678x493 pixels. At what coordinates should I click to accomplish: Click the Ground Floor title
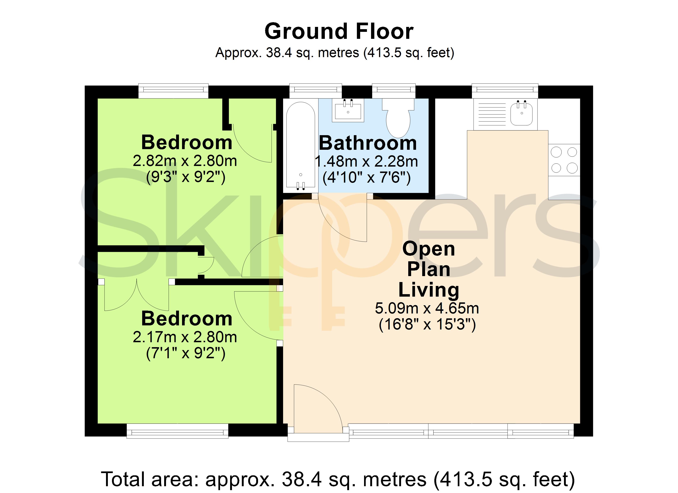(x=339, y=31)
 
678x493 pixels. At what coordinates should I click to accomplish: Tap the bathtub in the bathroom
(x=300, y=146)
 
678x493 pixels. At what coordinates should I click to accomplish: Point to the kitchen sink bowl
(x=522, y=114)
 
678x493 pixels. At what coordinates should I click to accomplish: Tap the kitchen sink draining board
(x=492, y=114)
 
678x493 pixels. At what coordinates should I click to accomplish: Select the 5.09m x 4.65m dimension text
(x=427, y=308)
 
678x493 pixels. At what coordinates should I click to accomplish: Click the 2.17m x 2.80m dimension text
(x=185, y=337)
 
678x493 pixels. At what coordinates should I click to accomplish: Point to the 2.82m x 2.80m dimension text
(x=185, y=161)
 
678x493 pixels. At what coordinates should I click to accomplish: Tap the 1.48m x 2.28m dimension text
(x=367, y=162)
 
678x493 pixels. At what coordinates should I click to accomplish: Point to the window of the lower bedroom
(x=178, y=431)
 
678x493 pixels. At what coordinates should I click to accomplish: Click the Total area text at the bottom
(x=338, y=479)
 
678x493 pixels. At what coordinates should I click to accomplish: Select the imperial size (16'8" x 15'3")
(x=427, y=324)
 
